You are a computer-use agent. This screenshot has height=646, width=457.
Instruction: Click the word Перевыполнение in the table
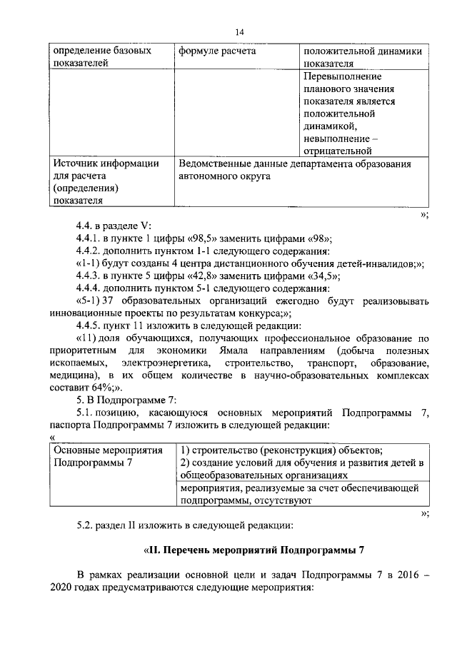click(341, 76)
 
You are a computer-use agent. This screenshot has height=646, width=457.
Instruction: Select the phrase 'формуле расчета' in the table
click(217, 51)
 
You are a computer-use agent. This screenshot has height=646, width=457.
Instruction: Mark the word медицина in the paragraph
click(74, 377)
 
